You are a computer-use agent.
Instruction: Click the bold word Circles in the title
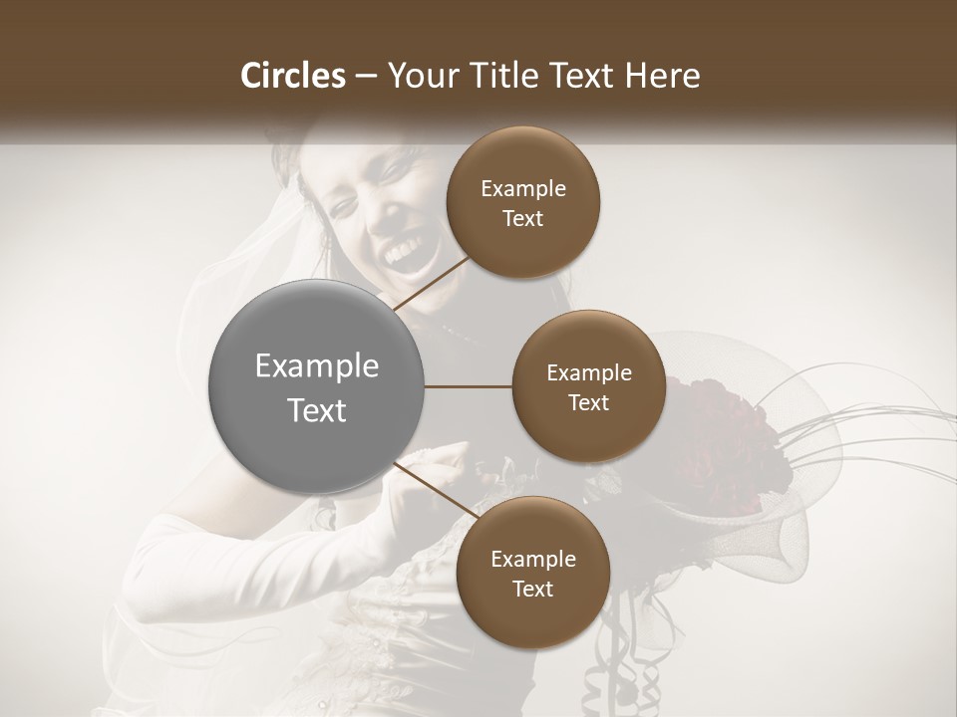click(x=292, y=76)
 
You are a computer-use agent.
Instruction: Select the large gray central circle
click(x=317, y=387)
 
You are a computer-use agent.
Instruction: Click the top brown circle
click(x=523, y=203)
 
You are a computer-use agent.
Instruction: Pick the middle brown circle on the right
click(x=588, y=386)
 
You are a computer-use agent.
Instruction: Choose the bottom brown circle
click(x=532, y=573)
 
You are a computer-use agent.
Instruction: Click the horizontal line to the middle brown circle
click(x=469, y=386)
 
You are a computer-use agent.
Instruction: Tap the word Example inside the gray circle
click(x=317, y=366)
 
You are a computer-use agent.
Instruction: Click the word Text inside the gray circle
click(x=317, y=410)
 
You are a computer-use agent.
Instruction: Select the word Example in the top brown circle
click(x=523, y=189)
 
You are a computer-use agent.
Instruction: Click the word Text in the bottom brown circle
click(x=532, y=589)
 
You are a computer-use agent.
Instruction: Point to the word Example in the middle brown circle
click(x=588, y=373)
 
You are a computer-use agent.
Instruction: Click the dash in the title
click(x=365, y=76)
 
